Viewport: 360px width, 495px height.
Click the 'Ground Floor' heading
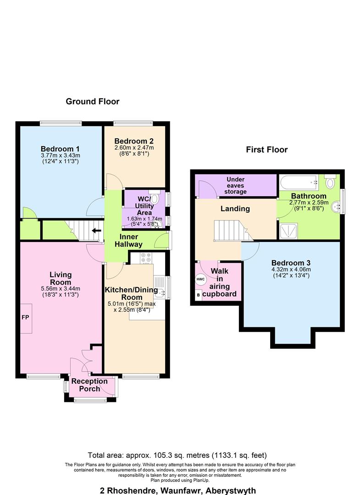point(92,101)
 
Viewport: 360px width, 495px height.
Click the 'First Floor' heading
point(266,149)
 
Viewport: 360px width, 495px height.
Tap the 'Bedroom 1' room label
point(60,149)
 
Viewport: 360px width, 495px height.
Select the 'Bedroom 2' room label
point(134,141)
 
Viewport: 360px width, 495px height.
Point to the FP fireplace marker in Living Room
point(25,317)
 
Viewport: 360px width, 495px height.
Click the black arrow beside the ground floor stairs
point(96,231)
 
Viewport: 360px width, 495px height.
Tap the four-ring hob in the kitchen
point(146,258)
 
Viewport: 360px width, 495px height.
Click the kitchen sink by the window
point(158,289)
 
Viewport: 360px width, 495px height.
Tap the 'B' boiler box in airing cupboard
point(198,295)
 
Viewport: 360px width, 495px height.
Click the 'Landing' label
point(235,209)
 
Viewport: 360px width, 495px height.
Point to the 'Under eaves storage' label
point(235,185)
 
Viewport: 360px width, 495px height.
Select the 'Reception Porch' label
point(89,385)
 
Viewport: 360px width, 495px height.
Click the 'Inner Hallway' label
point(132,240)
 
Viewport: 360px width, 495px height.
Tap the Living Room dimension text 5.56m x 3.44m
point(61,289)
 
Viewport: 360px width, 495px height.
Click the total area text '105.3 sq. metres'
point(177,455)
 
